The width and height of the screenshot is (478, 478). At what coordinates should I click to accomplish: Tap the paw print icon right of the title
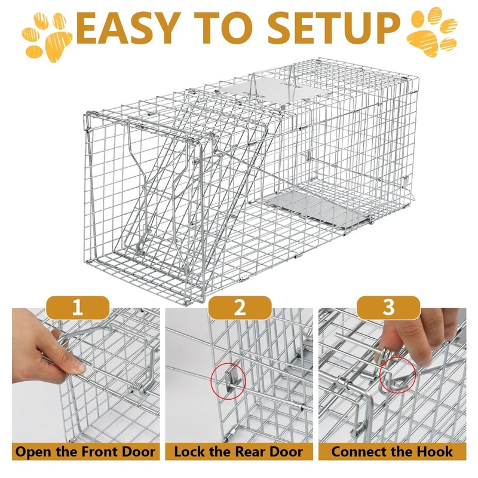[x=431, y=31]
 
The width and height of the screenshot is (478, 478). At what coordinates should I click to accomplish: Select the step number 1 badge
[x=77, y=308]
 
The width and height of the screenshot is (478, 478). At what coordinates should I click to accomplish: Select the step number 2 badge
[x=239, y=308]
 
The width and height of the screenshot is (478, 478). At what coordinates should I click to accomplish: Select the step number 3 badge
[x=389, y=308]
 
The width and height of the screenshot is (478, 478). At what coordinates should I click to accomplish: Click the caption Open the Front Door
[x=85, y=451]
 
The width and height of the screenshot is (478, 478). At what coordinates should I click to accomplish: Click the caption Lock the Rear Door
[x=238, y=451]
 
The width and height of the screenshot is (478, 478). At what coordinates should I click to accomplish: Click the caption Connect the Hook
[x=392, y=451]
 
